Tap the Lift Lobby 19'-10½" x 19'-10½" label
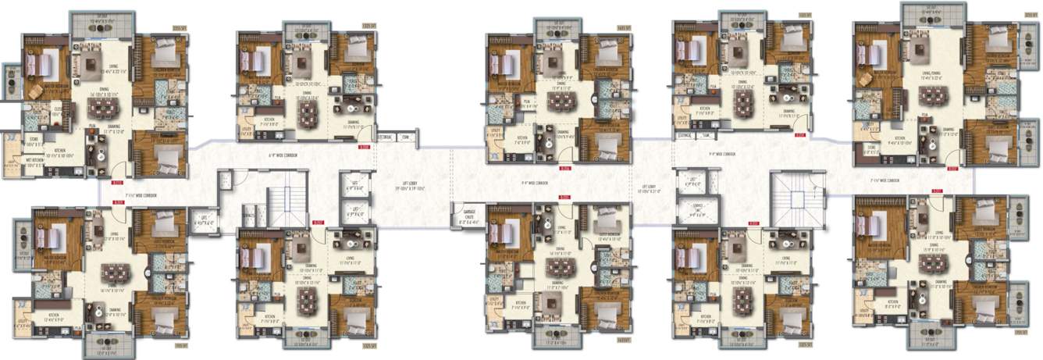coord(408,188)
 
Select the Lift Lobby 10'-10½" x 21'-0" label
coord(649,189)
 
